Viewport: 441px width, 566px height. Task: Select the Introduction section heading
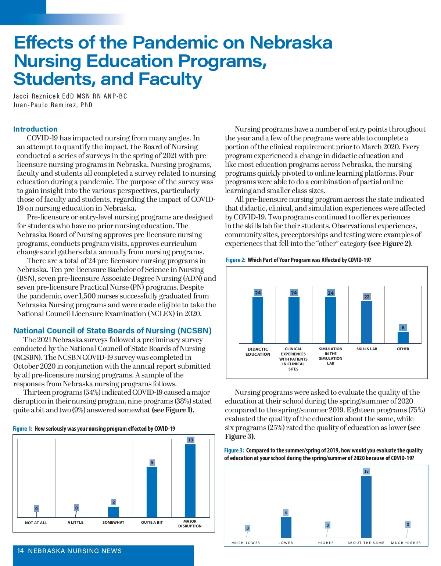point(35,129)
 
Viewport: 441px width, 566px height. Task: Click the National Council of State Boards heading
point(112,330)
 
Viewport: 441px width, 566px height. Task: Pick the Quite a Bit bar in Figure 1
point(152,492)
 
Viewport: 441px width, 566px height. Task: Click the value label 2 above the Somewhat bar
point(114,502)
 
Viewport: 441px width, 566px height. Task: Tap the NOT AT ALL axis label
point(36,523)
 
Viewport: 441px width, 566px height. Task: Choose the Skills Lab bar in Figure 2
point(367,322)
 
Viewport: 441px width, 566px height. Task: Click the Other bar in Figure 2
point(403,337)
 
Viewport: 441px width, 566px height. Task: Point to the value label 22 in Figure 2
point(367,297)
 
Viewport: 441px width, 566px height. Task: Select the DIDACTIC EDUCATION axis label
point(258,352)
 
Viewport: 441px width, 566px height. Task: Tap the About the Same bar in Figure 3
point(366,506)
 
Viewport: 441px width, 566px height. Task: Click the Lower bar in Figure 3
point(286,527)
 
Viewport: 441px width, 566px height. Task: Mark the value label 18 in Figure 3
point(366,471)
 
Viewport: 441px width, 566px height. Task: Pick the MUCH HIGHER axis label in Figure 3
point(406,543)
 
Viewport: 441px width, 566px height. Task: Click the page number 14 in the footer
point(21,551)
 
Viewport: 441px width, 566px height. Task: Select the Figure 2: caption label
point(236,260)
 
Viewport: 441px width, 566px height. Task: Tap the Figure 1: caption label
point(22,429)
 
